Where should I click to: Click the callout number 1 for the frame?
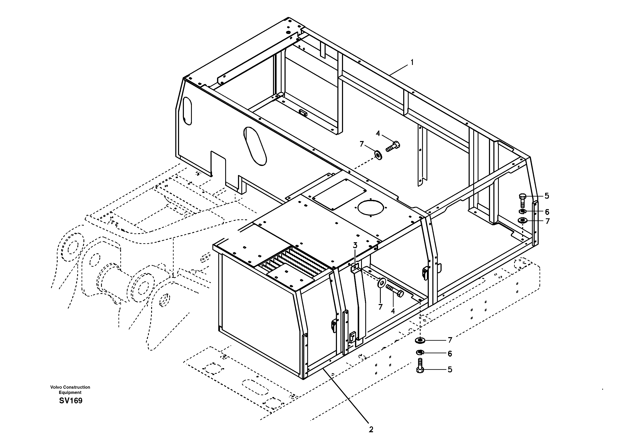pos(412,62)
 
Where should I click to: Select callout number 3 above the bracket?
pos(355,246)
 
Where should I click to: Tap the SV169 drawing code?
pos(71,401)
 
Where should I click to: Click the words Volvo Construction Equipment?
pos(70,390)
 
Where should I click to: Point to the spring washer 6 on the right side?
pos(522,212)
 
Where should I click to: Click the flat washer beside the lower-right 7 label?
pos(420,340)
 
